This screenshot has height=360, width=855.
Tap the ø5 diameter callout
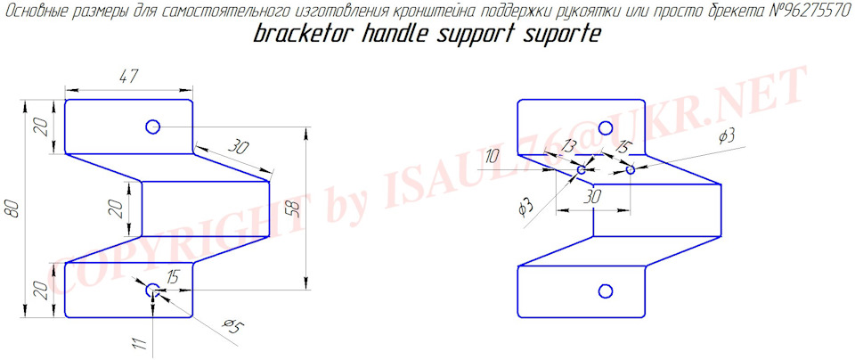[232, 327]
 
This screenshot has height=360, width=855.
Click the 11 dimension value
[140, 344]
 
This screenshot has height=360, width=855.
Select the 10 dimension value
[492, 159]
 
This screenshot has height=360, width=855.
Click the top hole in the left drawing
[152, 127]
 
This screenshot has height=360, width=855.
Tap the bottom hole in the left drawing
[152, 290]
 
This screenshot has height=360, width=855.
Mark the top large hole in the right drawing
[605, 128]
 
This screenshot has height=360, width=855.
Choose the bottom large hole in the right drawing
[605, 291]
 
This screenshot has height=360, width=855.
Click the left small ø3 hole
[582, 170]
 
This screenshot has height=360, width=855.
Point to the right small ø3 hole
[631, 169]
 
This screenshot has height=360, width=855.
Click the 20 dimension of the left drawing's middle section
[117, 208]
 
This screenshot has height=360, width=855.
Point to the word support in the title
[478, 36]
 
